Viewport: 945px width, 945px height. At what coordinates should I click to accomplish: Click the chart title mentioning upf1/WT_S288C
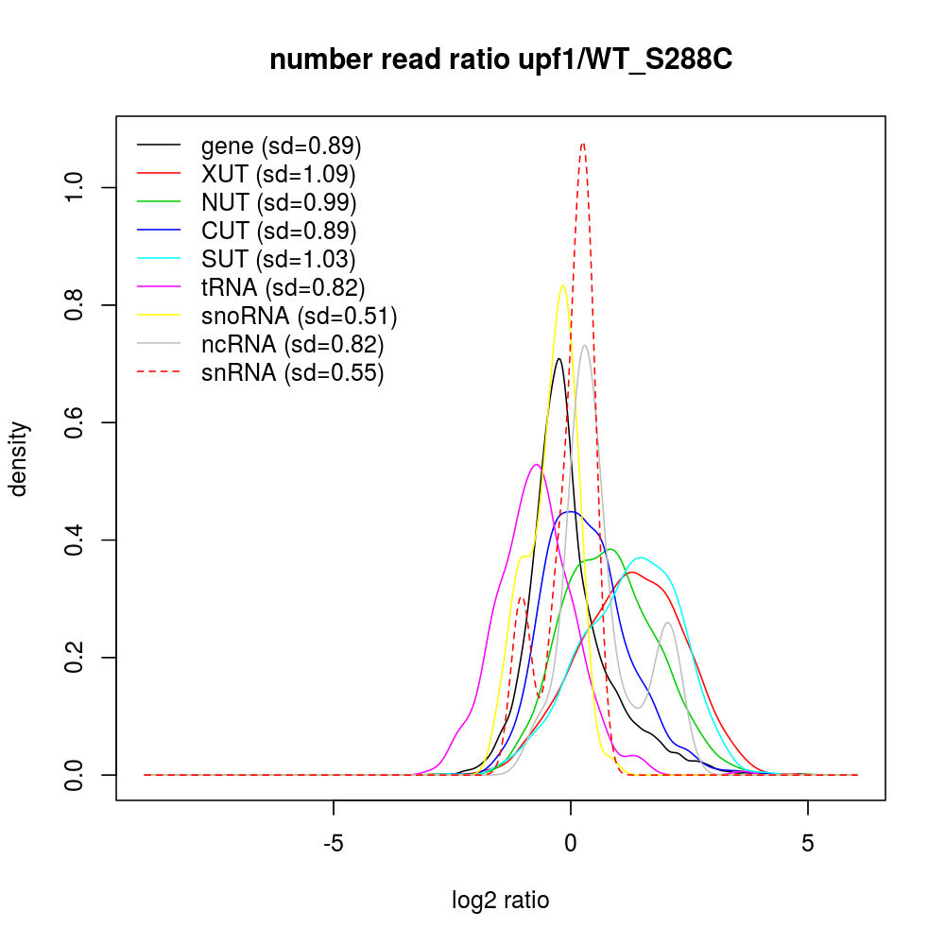(x=501, y=60)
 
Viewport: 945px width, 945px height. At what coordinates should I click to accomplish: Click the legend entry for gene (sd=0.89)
(x=281, y=146)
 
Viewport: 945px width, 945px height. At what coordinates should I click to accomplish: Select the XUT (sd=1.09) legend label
(x=278, y=175)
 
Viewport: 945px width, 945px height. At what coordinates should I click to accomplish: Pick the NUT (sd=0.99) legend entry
(x=279, y=202)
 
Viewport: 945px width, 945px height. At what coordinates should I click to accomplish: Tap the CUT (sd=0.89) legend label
(x=279, y=231)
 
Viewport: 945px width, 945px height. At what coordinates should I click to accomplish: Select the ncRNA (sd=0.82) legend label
(x=292, y=344)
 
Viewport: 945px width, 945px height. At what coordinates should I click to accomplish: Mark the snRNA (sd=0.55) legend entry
(x=292, y=372)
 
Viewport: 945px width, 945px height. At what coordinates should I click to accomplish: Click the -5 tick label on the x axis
(x=334, y=843)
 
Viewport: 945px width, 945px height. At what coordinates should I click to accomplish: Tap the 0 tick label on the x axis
(x=571, y=843)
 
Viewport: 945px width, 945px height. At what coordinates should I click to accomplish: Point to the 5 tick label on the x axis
(x=808, y=843)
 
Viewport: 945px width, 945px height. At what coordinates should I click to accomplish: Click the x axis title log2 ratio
(x=501, y=901)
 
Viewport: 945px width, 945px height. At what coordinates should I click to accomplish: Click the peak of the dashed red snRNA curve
(x=583, y=144)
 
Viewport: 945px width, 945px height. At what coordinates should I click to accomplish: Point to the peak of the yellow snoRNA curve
(x=563, y=285)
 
